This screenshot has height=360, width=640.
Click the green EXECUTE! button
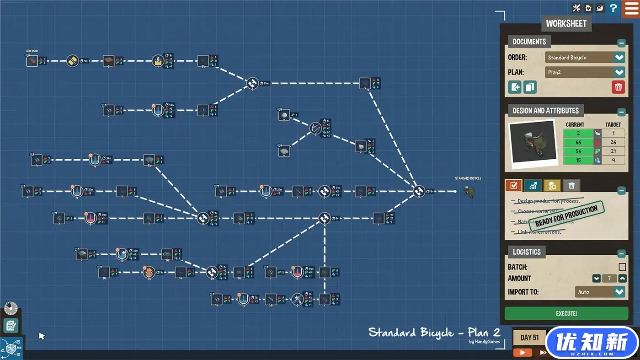pyautogui.click(x=566, y=313)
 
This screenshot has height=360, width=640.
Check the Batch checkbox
pyautogui.click(x=622, y=267)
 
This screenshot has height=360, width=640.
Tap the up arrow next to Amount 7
pyautogui.click(x=622, y=278)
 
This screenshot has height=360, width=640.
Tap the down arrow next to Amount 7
pyautogui.click(x=596, y=278)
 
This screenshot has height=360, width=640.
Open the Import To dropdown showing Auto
pyautogui.click(x=600, y=292)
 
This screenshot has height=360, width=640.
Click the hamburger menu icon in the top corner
pyautogui.click(x=631, y=9)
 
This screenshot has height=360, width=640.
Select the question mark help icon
pyautogui.click(x=613, y=8)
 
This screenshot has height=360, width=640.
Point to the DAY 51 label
pyautogui.click(x=529, y=338)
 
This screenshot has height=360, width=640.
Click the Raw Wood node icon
pyautogui.click(x=32, y=61)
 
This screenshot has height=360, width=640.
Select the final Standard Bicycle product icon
pyautogui.click(x=468, y=192)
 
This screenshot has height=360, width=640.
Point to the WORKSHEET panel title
pyautogui.click(x=566, y=23)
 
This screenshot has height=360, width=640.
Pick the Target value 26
pyautogui.click(x=613, y=142)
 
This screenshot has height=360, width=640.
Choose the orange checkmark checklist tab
pyautogui.click(x=513, y=185)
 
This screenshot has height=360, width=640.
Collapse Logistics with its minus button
pyautogui.click(x=621, y=253)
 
